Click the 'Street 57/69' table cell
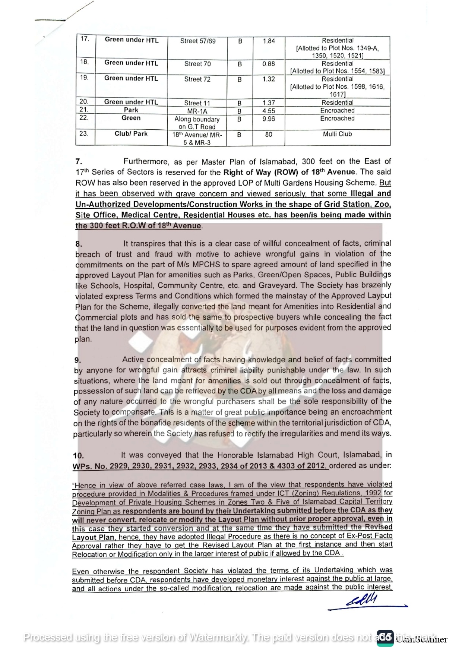pyautogui.click(x=198, y=41)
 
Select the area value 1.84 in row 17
pyautogui.click(x=269, y=41)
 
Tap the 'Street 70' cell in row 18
pyautogui.click(x=197, y=64)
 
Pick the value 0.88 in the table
pyautogui.click(x=268, y=64)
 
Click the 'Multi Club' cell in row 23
pyautogui.click(x=337, y=134)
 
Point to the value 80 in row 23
pyautogui.click(x=269, y=134)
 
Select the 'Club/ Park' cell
pyautogui.click(x=131, y=133)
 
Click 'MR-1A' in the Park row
pyautogui.click(x=197, y=111)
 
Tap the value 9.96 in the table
pyautogui.click(x=268, y=119)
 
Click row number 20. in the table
pyautogui.click(x=84, y=101)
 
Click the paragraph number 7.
pyautogui.click(x=79, y=161)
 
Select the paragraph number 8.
pyautogui.click(x=79, y=244)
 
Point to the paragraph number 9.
pyautogui.click(x=77, y=360)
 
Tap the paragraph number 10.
pyautogui.click(x=78, y=456)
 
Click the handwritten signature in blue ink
pyautogui.click(x=362, y=600)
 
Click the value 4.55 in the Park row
pyautogui.click(x=268, y=111)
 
